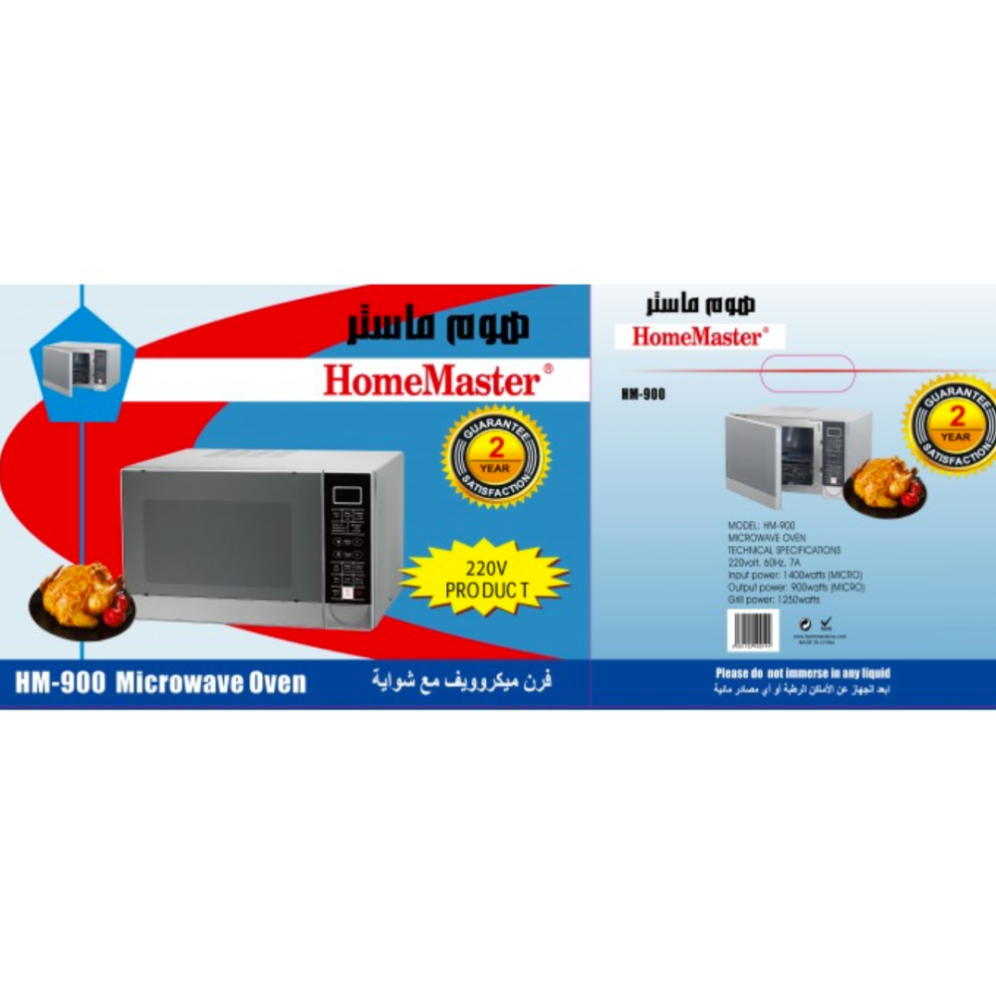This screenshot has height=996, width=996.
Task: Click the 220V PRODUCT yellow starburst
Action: click(x=485, y=578)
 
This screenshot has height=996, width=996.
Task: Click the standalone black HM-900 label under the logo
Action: click(x=642, y=394)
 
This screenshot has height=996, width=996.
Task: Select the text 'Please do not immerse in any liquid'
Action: click(x=803, y=673)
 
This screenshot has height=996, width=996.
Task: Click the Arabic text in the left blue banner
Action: click(x=462, y=683)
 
